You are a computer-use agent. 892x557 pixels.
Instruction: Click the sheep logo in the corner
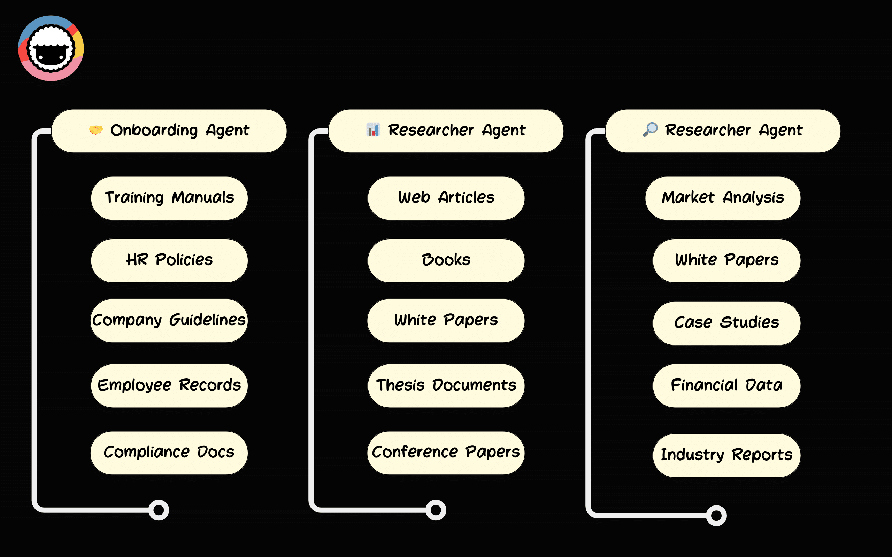click(51, 48)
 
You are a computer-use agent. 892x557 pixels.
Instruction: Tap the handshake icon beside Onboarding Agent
click(95, 130)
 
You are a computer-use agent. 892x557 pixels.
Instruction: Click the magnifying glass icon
click(650, 129)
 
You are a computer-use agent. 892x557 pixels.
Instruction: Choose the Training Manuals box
click(169, 198)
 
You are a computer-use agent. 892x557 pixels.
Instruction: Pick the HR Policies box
click(169, 260)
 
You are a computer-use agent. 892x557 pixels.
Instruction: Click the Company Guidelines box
click(169, 321)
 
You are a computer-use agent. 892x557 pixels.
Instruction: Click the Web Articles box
click(446, 198)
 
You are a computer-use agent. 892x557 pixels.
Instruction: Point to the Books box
click(446, 260)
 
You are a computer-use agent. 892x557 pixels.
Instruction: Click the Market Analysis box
click(723, 198)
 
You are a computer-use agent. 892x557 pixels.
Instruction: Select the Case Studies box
click(726, 323)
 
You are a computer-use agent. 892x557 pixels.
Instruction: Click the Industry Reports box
click(726, 455)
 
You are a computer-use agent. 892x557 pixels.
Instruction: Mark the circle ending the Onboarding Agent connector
click(159, 510)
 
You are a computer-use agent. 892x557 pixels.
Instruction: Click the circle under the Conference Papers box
click(436, 510)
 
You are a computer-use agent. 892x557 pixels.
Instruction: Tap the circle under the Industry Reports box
click(716, 515)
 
